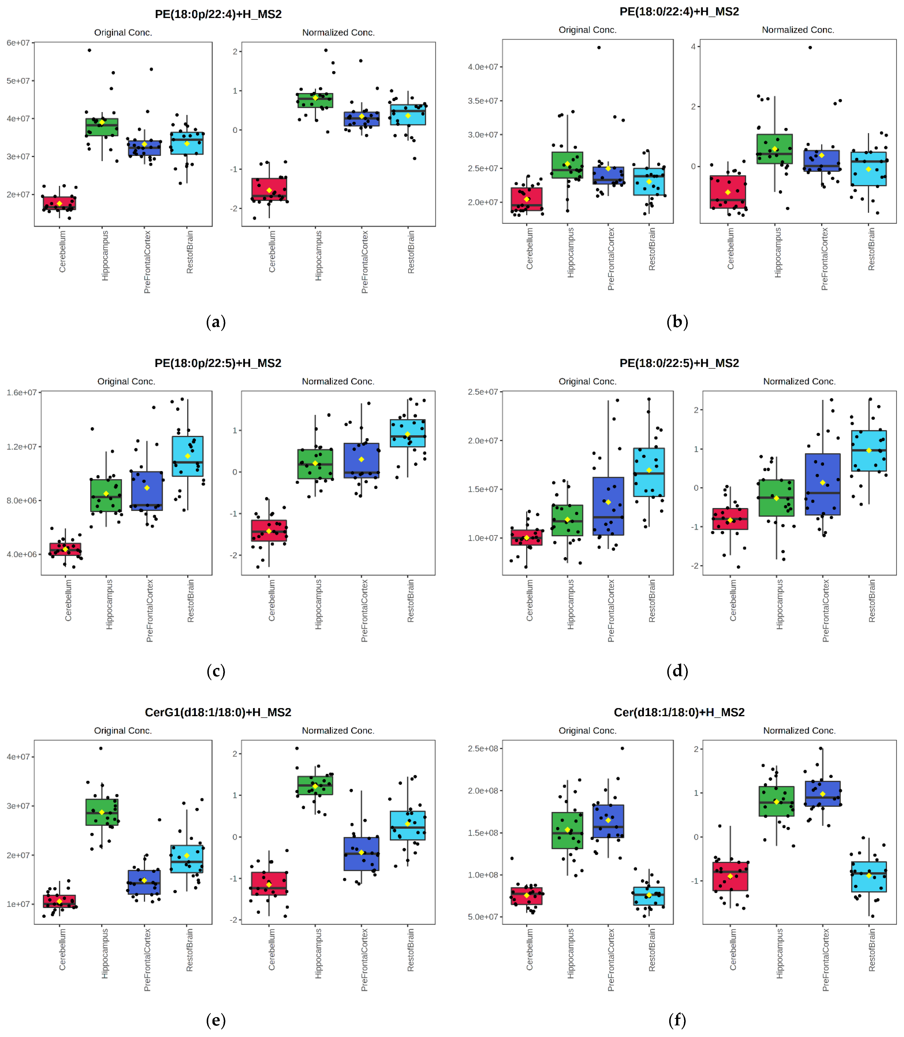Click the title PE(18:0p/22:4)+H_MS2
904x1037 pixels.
pos(218,14)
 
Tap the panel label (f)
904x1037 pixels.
pos(677,1020)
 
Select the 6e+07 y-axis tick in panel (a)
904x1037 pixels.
pos(18,43)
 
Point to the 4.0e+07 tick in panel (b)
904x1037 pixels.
pos(483,67)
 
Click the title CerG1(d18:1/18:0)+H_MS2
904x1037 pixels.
pos(218,712)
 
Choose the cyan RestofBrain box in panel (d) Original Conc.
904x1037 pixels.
pos(649,472)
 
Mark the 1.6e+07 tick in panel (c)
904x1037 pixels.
pos(22,392)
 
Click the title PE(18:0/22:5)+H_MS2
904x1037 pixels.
pos(679,363)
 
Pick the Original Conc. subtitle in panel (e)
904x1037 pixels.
pos(123,730)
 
